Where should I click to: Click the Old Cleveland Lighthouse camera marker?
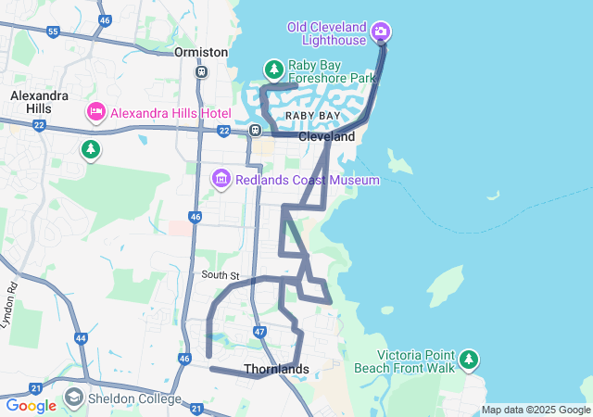point(380,33)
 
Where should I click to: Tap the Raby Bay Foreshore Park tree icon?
point(273,69)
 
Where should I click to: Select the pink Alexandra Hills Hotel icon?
point(95,113)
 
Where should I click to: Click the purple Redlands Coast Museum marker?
point(221,177)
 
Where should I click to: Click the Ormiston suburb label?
point(201,53)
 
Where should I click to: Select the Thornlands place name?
point(276,369)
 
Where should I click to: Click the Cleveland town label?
point(326,136)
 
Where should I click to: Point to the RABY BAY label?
point(312,115)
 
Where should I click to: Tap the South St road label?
point(221,276)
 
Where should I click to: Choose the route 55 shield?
point(53,32)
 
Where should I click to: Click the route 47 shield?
point(259,331)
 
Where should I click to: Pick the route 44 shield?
point(82,338)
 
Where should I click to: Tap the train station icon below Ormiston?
point(201,71)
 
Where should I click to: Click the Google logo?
point(31,406)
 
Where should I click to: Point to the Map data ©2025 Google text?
point(536,411)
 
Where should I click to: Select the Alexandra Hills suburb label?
point(39,102)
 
